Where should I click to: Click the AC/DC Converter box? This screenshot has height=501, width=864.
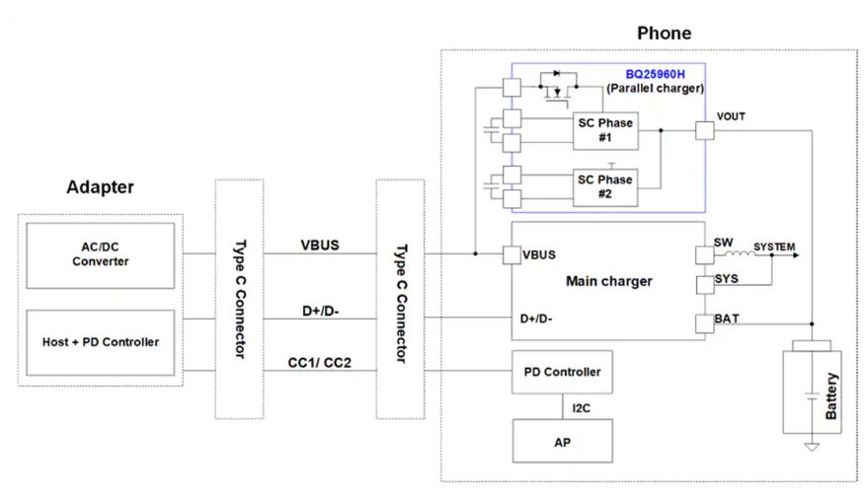tap(101, 255)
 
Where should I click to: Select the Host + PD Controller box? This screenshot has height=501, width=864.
tap(101, 341)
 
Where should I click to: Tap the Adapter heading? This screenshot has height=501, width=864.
tap(100, 187)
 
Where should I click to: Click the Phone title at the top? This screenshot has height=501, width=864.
tap(664, 34)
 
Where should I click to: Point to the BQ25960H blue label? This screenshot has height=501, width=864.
tap(655, 74)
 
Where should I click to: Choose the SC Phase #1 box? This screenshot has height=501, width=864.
tap(605, 130)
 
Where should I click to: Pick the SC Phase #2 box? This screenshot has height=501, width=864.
tap(605, 186)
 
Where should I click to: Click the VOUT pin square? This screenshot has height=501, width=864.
tap(704, 130)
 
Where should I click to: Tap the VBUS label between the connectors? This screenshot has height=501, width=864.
tap(320, 245)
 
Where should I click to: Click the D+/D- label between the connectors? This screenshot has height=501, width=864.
tap(320, 311)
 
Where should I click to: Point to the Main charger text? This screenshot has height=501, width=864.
tap(608, 281)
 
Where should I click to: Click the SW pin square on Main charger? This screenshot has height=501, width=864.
tap(703, 255)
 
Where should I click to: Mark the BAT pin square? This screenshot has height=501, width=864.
tap(703, 323)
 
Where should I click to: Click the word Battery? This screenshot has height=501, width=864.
tap(831, 396)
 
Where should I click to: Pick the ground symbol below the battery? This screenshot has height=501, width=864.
tap(812, 447)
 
